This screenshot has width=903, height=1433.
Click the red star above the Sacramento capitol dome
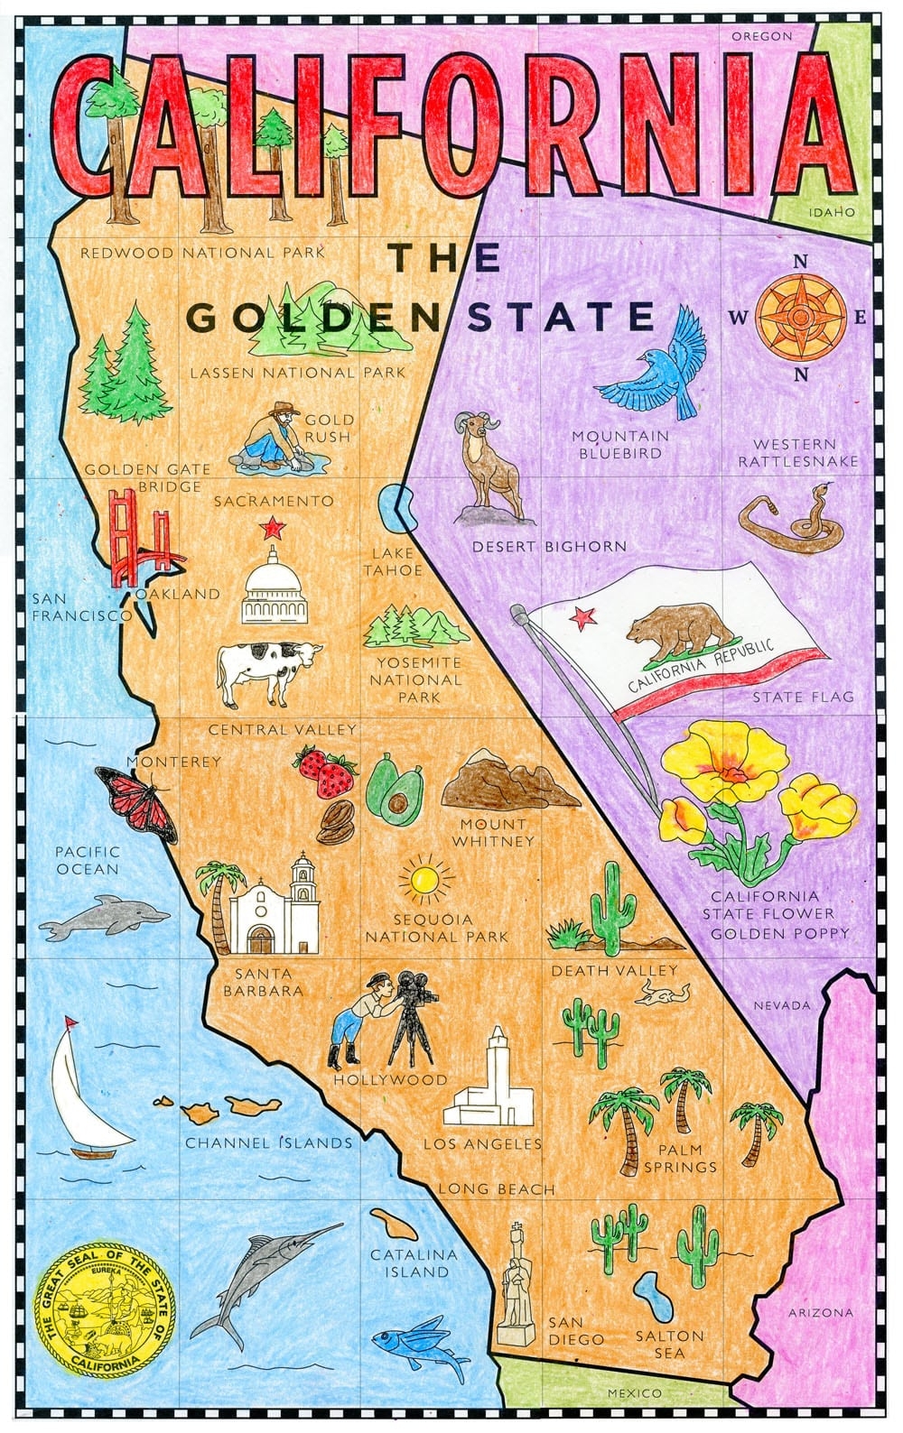click(x=269, y=526)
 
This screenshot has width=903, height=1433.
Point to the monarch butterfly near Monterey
click(x=135, y=799)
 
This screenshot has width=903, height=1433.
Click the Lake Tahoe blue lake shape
click(x=396, y=507)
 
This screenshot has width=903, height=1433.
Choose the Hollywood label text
click(x=390, y=1079)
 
